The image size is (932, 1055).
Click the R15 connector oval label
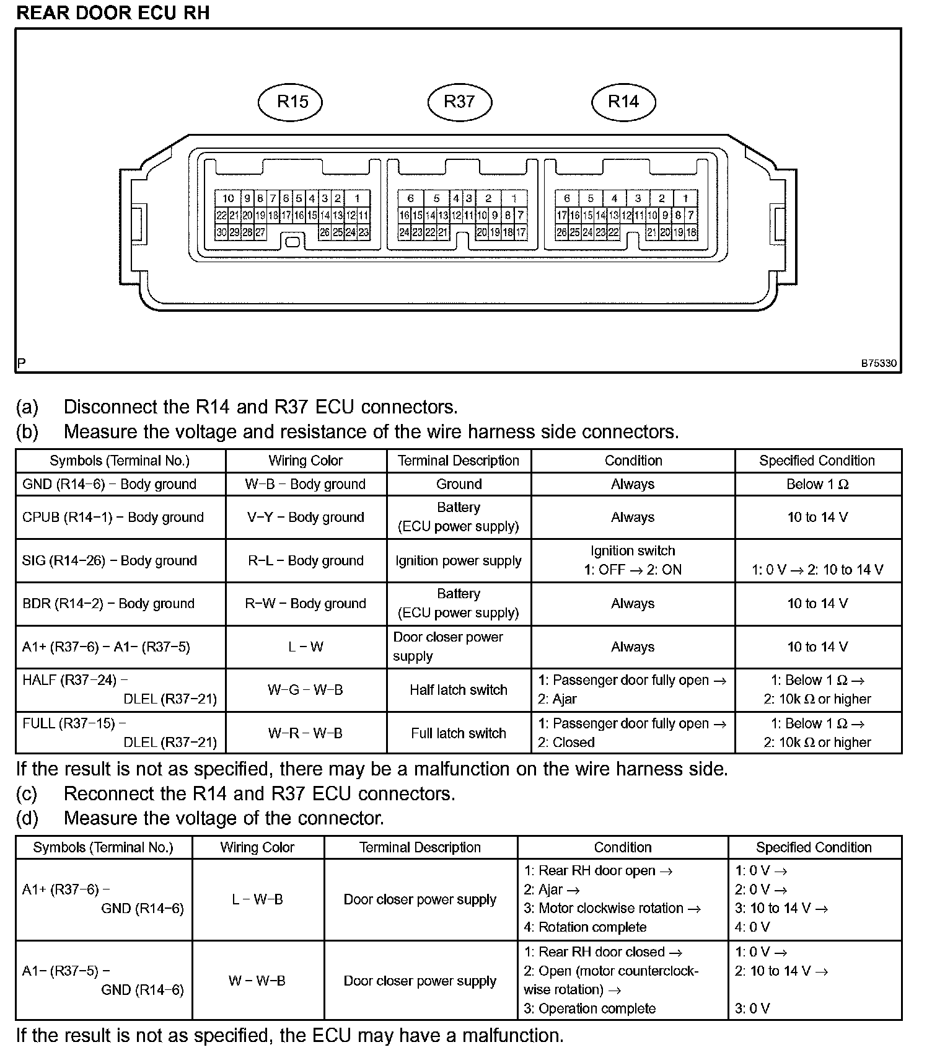pos(291,102)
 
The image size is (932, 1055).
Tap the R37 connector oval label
pos(459,102)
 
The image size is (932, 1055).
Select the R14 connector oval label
pos(623,102)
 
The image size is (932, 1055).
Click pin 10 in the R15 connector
pos(228,198)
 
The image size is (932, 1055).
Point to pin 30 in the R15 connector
pos(221,233)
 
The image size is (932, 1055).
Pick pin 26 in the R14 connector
pos(561,233)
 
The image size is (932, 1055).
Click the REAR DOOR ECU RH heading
pos(113,13)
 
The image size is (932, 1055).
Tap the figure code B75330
pos(878,363)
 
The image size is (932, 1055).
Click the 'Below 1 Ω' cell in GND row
pos(817,484)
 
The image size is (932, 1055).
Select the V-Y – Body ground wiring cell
pos(306,517)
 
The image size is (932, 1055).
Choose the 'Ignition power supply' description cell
pos(459,560)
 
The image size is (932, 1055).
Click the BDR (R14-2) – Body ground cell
pos(108,603)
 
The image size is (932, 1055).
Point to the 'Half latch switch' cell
pos(459,690)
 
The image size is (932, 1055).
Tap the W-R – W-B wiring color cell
pos(306,733)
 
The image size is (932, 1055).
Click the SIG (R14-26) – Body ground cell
pos(110,560)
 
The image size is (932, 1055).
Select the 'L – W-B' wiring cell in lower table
pos(257,899)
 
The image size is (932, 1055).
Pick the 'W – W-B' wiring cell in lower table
pos(257,981)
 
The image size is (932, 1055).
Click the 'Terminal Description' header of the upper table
pos(459,461)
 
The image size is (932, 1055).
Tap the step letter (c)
pos(27,793)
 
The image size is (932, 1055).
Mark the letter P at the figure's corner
pos(22,363)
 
